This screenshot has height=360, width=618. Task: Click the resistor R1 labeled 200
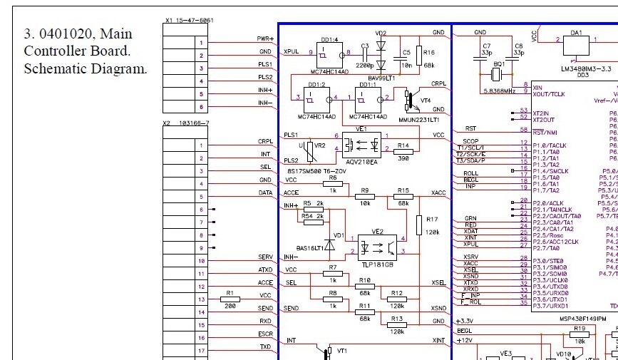[230, 300]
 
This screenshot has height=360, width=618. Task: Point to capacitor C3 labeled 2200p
[364, 53]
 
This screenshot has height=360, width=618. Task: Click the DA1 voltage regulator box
[577, 45]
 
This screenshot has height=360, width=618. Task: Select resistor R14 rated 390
[403, 150]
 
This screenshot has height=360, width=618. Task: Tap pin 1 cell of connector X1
[201, 43]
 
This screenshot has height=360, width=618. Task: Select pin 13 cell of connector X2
[202, 300]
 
